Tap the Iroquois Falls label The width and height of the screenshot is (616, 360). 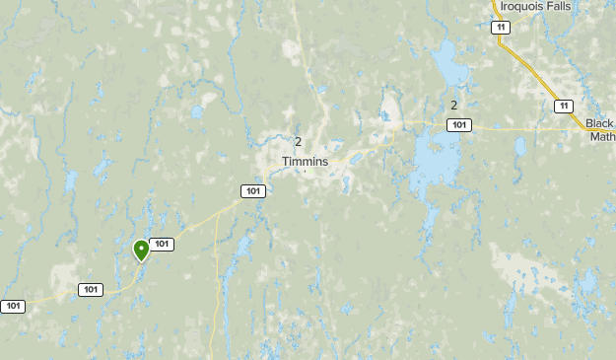pos(534,6)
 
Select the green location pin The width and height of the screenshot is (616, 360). pos(142,251)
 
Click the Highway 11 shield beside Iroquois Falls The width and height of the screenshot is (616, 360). pos(502,27)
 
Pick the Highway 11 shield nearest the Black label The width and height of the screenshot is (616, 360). pos(563,106)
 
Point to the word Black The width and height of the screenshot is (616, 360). pos(599,123)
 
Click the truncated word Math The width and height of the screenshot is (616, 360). pos(602,137)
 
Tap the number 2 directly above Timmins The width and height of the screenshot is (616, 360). pos(298,142)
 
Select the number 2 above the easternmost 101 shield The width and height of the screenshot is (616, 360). pos(453,106)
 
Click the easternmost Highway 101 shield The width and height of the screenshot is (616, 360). pos(458,124)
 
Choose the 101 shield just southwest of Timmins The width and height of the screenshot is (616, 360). pos(253,190)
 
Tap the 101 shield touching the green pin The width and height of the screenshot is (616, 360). pos(162,244)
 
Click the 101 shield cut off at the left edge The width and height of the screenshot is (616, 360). pos(12,306)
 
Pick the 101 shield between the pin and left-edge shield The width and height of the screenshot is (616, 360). pos(91,289)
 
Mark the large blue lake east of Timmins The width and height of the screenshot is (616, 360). pos(432,158)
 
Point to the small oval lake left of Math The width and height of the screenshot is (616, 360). pos(519,146)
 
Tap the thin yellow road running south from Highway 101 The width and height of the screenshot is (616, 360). pos(216,286)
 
